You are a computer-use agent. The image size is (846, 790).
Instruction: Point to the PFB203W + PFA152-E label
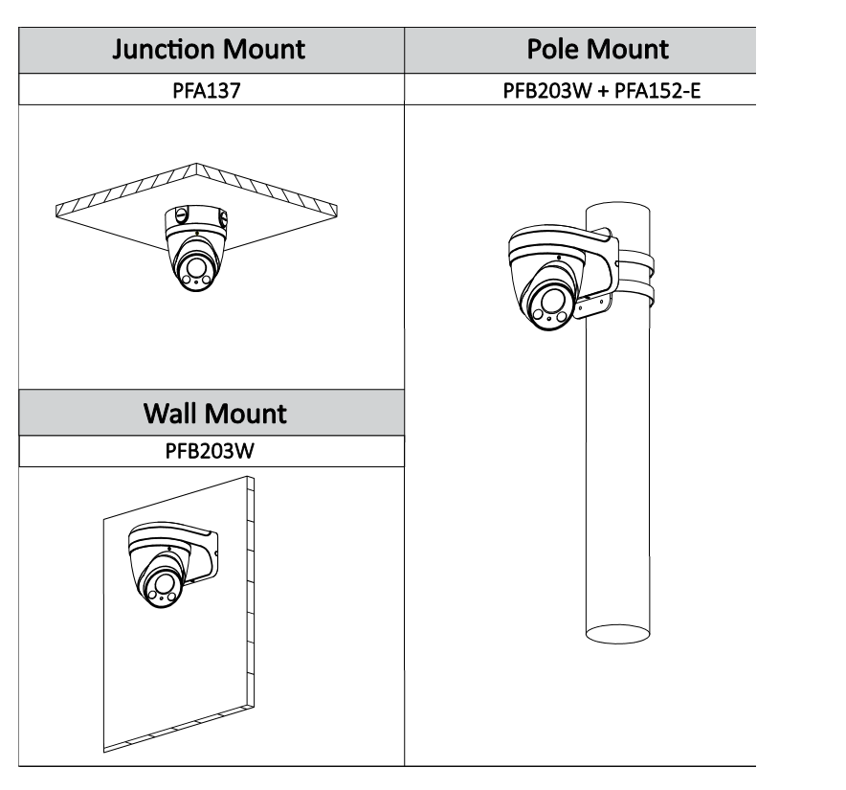pos(574,90)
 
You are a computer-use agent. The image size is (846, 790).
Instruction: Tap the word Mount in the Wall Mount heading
pos(249,414)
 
